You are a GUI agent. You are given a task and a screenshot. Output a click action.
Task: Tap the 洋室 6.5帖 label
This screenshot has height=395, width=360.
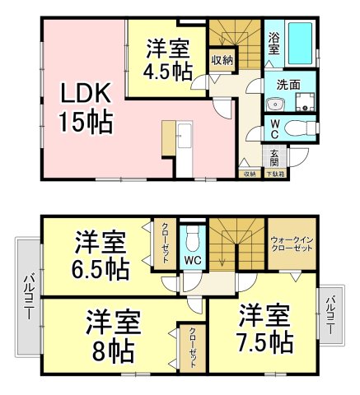[101, 255]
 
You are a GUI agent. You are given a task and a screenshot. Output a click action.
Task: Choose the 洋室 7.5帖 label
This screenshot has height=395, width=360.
[266, 328]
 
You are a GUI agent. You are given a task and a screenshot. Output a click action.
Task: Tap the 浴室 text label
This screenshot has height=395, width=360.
[274, 43]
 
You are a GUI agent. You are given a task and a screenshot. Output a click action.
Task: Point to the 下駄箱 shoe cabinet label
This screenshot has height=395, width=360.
[274, 174]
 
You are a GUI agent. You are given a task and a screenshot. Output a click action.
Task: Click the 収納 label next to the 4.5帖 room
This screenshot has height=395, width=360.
[221, 59]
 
